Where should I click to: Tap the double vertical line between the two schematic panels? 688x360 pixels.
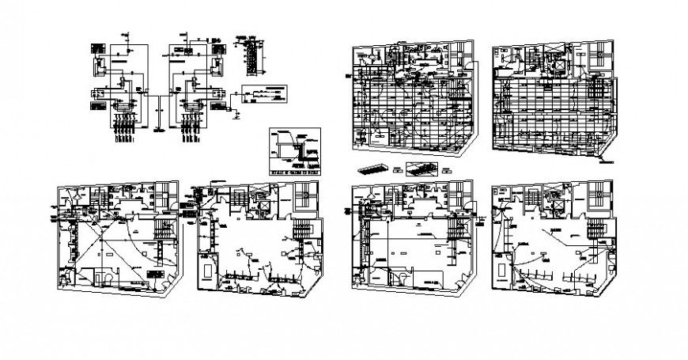click(x=158, y=103)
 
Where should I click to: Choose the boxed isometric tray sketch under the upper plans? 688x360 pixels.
click(x=425, y=169)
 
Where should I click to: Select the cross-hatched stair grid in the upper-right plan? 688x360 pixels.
click(x=599, y=57)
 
